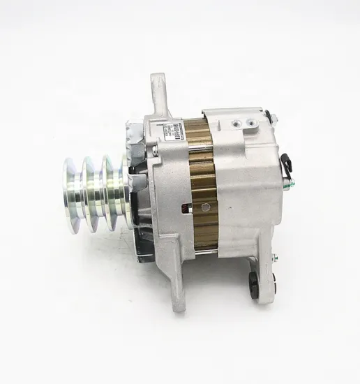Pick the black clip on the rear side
(287, 164)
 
